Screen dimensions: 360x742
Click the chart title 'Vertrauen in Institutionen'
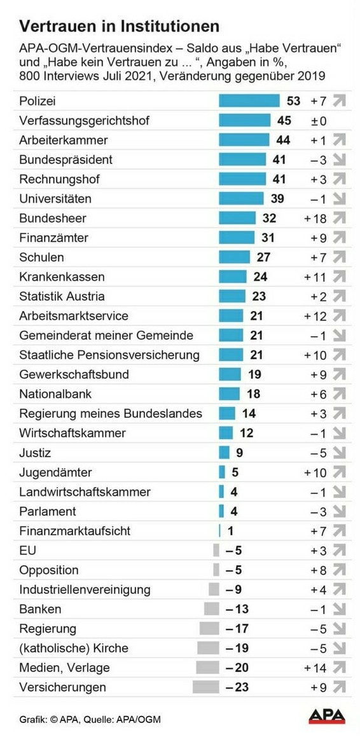pos(119,26)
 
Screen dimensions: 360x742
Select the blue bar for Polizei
pos(249,101)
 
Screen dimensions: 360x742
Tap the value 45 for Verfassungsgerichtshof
pos(284,121)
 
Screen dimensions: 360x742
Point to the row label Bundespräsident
pos(66,160)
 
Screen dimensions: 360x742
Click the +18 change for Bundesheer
pos(315,218)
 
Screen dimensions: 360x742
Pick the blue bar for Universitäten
pos(241,199)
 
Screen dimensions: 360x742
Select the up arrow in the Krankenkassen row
pos(339,277)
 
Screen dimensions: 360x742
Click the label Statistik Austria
pos(62,297)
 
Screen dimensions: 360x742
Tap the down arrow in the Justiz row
pos(339,453)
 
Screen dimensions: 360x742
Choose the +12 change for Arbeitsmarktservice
pos(315,316)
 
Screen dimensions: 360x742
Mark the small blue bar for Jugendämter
pos(222,472)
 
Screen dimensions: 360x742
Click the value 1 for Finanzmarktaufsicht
pos(230,531)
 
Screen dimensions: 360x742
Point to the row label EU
pos(27,551)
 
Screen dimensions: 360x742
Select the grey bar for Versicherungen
pos(205,687)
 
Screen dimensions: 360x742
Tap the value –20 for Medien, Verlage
pos(237,668)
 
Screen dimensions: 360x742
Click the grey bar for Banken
pos(211,609)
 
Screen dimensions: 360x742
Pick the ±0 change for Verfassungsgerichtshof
pos(319,121)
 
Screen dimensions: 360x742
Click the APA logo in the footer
pos(327,717)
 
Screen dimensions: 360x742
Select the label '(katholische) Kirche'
pos(73,649)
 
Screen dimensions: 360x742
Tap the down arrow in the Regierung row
pos(339,629)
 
